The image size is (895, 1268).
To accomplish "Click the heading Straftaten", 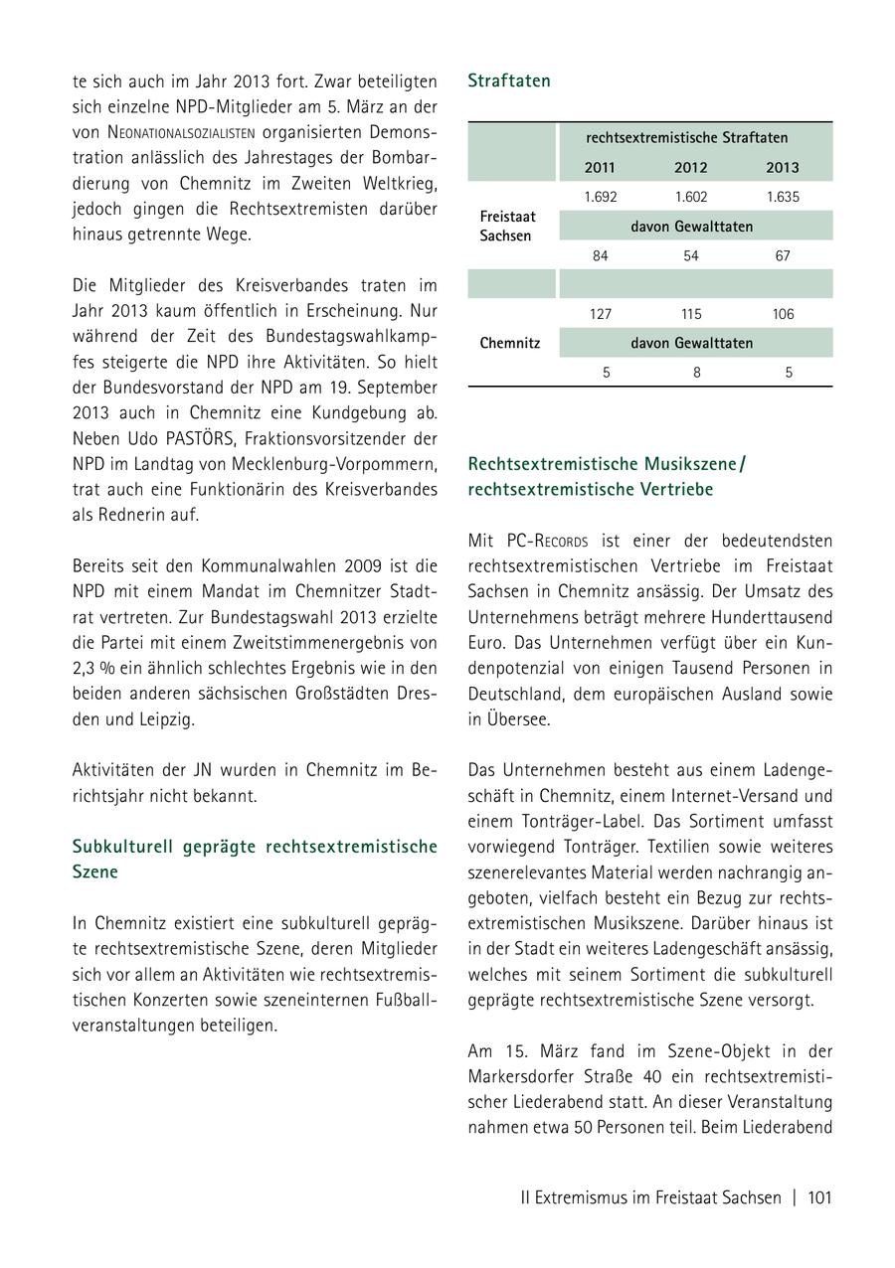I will (508, 81).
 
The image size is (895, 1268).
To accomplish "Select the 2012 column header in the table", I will (690, 167).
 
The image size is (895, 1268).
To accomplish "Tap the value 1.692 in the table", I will (600, 197).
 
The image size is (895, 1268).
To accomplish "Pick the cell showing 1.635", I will (783, 197).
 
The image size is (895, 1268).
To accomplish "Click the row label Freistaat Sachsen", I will (507, 226).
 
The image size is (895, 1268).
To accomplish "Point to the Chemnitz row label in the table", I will (509, 343).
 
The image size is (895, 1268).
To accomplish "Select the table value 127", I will (600, 314).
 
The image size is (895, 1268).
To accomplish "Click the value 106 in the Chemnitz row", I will (783, 314).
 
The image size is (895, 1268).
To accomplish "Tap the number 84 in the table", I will (600, 255).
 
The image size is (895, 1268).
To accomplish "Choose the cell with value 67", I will (783, 255).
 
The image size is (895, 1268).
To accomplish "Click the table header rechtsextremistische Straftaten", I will (686, 138).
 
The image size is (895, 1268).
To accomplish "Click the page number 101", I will (819, 1197).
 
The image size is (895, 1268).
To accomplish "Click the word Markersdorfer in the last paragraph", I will (518, 1076).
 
